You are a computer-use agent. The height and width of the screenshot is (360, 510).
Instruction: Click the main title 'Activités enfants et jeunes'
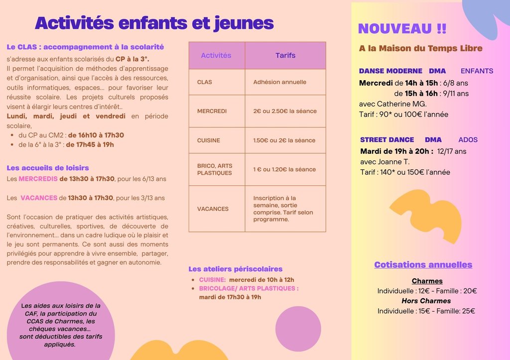pos(154,23)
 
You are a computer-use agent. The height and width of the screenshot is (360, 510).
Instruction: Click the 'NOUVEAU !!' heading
pos(402,29)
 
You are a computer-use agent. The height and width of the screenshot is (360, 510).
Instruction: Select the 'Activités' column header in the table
pos(216,55)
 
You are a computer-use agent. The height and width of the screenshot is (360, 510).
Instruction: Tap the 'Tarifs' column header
pos(285,55)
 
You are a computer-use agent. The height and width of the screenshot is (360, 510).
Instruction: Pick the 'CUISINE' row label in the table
pos(209,140)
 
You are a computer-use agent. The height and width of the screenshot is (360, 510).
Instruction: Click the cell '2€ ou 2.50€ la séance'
pos(285,111)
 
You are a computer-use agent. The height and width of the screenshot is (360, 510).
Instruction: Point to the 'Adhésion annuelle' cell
pos(280,82)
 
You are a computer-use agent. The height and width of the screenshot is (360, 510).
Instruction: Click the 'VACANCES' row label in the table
pos(213,209)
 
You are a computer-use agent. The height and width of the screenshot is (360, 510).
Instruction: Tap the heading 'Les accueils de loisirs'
pos(48,168)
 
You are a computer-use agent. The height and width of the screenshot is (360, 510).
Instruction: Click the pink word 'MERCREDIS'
pos(38,179)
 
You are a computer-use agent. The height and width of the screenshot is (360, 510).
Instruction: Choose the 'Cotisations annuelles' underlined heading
pos(423,265)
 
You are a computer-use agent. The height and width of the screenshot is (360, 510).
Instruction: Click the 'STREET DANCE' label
pos(387,140)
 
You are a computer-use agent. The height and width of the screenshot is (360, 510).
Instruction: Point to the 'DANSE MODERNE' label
pos(390,71)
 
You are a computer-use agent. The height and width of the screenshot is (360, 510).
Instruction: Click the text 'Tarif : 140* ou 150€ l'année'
pos(405,172)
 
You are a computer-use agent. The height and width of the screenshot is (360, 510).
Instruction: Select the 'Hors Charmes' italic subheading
pos(426,301)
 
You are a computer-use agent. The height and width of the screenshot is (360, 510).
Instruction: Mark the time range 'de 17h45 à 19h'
pos(91,144)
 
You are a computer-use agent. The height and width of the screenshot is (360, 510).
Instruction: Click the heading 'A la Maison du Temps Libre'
pos(421,48)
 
